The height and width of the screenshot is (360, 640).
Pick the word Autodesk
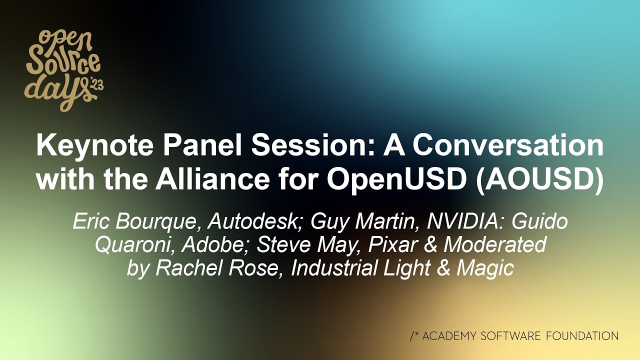point(252,221)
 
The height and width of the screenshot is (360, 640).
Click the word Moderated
point(494,245)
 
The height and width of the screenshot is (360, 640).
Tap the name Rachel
point(185,268)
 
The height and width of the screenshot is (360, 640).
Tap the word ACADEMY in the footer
point(448,336)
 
